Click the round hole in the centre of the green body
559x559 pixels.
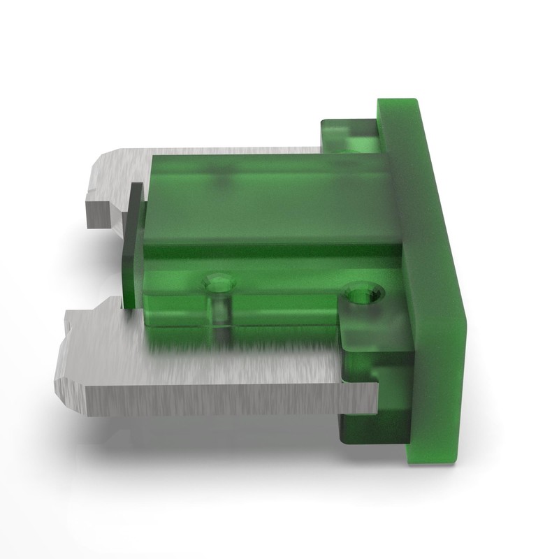218,283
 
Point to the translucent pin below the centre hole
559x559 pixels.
221,318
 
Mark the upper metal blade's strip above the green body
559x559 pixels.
231,151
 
